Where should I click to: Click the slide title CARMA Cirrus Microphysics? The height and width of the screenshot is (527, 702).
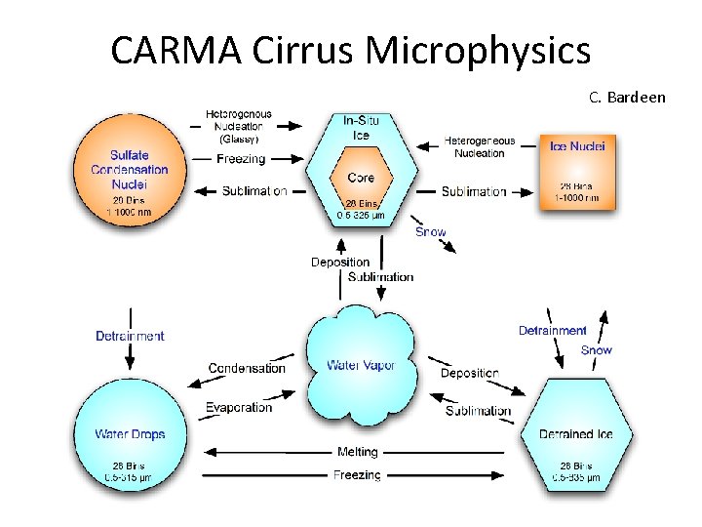tap(350, 51)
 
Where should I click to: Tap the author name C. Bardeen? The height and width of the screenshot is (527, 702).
tap(627, 98)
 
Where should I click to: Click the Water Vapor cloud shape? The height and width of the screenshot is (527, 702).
tap(361, 366)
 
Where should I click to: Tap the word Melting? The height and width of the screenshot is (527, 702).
tap(357, 452)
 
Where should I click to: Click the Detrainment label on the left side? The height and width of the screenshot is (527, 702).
tap(130, 336)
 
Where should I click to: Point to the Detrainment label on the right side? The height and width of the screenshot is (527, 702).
tap(552, 331)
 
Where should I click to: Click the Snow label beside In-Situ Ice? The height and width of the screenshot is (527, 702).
tap(430, 232)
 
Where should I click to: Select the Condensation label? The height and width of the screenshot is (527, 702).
tap(247, 368)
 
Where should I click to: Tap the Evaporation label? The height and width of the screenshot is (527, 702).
tap(238, 407)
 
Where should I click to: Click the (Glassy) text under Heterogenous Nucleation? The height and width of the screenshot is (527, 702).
tap(238, 139)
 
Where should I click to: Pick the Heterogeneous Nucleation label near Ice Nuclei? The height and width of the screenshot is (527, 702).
tap(480, 146)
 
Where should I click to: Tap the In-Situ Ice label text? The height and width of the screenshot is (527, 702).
tap(361, 128)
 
